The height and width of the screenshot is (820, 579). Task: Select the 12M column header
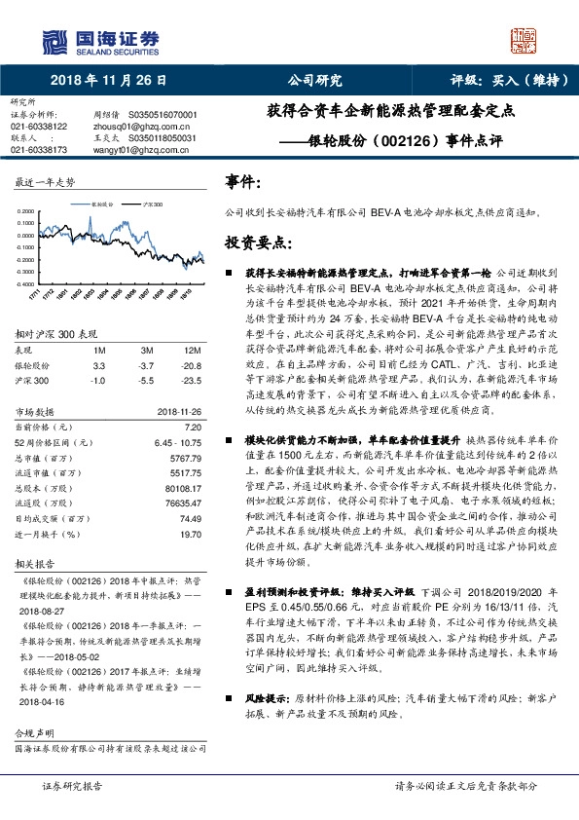point(192,350)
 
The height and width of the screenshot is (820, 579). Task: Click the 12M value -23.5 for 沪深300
point(192,380)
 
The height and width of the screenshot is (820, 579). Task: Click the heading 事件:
point(242,182)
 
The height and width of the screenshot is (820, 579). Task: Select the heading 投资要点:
point(254,241)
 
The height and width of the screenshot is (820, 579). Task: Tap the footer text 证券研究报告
point(73,785)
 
